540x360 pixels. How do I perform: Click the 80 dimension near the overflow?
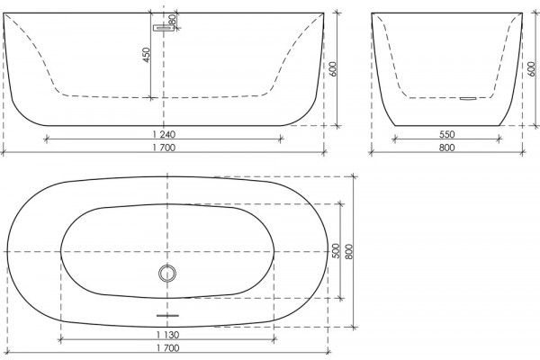coord(173,20)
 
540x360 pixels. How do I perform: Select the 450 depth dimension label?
coord(146,55)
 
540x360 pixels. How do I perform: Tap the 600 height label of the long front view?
coord(332,69)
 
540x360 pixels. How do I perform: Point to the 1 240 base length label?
coord(164,134)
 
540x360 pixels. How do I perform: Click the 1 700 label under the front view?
coord(164,148)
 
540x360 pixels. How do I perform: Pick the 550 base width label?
coord(446,134)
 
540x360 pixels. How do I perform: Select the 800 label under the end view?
coord(446,148)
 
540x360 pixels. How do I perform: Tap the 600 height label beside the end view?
coord(531,69)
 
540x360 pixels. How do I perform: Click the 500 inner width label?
coord(336,251)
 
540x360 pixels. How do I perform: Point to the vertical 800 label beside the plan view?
coord(348,251)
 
